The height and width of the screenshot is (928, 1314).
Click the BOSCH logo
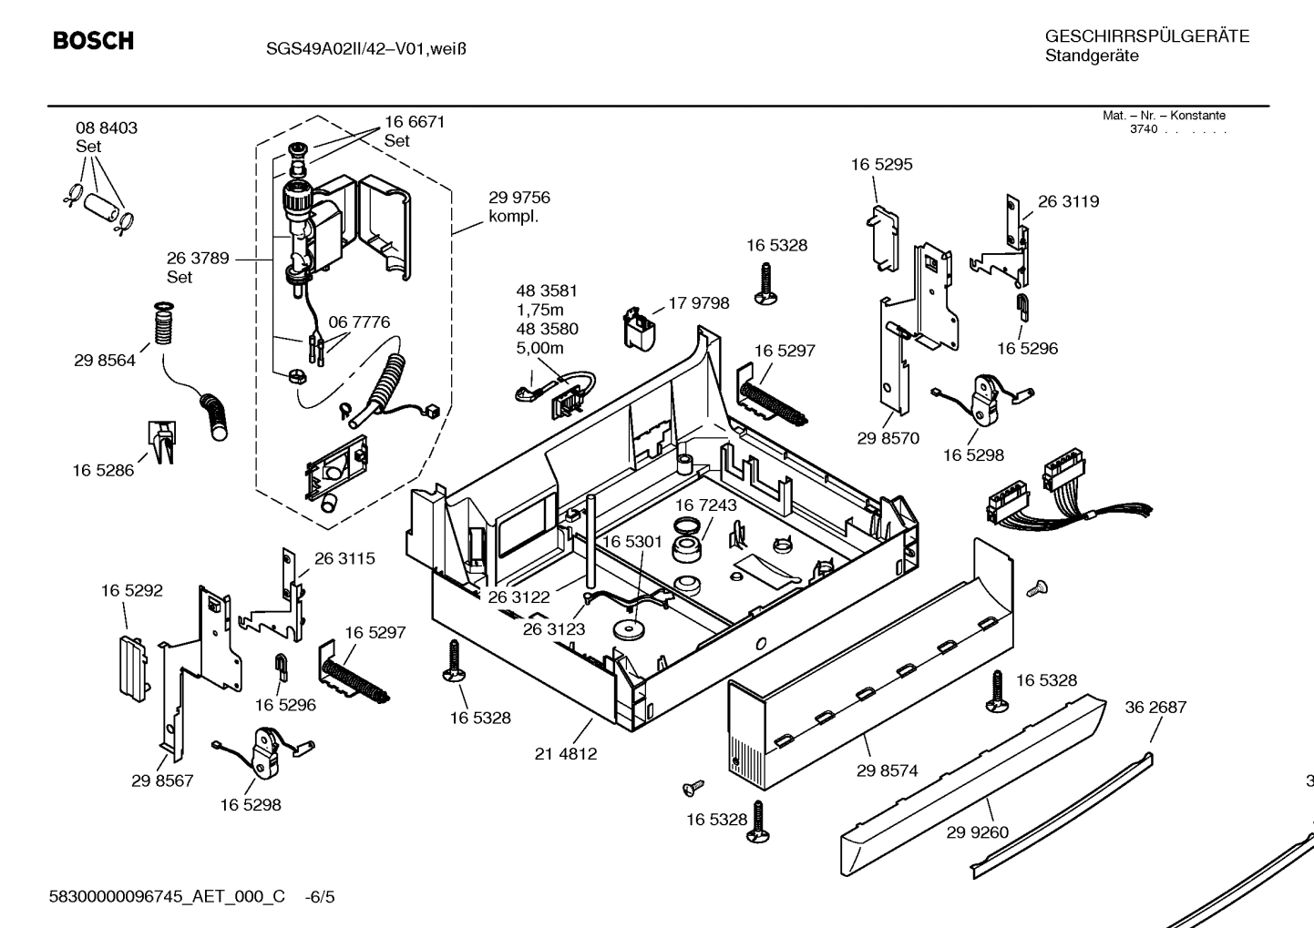(x=93, y=41)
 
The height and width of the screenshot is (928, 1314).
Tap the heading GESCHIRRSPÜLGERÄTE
(x=1146, y=36)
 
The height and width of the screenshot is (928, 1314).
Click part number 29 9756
(x=519, y=198)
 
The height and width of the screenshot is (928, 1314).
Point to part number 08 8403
(x=107, y=128)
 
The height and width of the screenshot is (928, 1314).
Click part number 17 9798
(x=699, y=303)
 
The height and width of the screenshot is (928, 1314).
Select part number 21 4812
(x=566, y=754)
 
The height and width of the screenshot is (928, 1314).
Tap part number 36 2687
(x=1155, y=708)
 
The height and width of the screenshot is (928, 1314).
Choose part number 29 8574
(x=887, y=770)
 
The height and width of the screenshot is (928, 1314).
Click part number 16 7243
(x=706, y=505)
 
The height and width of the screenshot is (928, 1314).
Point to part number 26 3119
(x=1068, y=201)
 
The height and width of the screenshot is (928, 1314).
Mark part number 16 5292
(x=132, y=591)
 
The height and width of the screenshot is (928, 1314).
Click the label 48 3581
(x=547, y=291)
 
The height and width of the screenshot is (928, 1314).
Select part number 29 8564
(x=105, y=361)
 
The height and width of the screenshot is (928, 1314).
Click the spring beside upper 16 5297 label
(x=774, y=402)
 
